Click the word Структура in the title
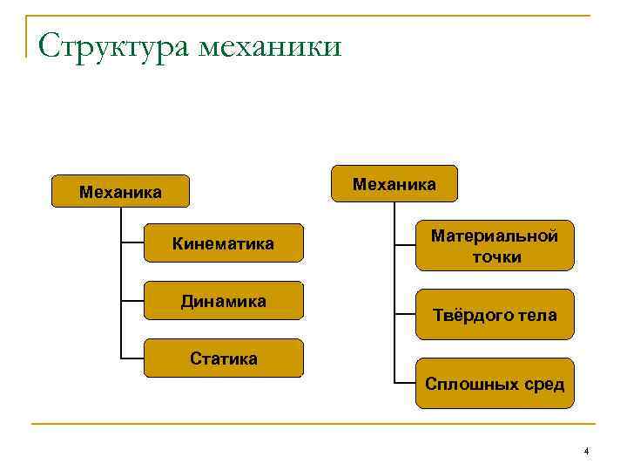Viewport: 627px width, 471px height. click(114, 45)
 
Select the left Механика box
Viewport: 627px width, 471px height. click(120, 191)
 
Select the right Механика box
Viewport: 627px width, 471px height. click(394, 184)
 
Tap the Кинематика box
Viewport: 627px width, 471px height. click(223, 243)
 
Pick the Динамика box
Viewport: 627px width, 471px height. click(223, 302)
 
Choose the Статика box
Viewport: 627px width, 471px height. click(223, 358)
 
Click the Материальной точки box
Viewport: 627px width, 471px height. click(495, 245)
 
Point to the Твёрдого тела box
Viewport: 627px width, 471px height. click(495, 314)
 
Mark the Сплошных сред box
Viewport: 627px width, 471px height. click(495, 384)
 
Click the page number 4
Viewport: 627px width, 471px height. click(586, 451)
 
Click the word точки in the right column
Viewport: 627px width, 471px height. click(496, 256)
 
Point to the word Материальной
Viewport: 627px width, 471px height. click(495, 235)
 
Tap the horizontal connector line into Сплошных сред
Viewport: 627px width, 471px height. click(405, 383)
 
